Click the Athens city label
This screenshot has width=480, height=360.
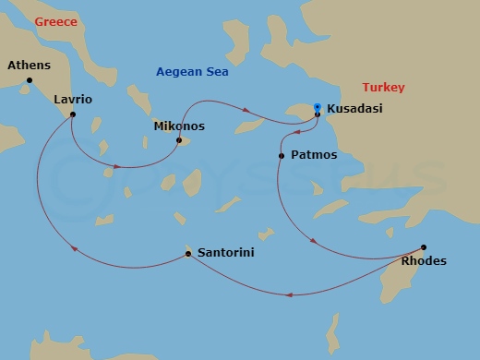click(28, 66)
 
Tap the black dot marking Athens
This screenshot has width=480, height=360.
click(30, 80)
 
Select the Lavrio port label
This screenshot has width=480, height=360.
click(73, 99)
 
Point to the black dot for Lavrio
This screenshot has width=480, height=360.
click(72, 114)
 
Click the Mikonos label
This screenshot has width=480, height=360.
click(179, 126)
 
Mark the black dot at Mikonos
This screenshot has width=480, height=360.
click(179, 140)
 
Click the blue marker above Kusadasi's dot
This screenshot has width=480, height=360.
click(318, 106)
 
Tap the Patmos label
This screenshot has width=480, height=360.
click(313, 155)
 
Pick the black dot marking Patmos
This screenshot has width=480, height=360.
click(281, 156)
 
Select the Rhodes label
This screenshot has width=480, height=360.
click(425, 261)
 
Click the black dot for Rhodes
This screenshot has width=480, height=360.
click(424, 246)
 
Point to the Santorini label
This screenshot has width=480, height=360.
click(221, 252)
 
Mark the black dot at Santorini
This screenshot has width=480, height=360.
click(187, 253)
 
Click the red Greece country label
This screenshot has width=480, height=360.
click(52, 22)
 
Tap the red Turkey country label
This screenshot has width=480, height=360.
click(382, 87)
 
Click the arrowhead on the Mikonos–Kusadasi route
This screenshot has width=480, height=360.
click(247, 112)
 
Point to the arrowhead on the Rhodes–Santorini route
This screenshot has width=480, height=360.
click(291, 295)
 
